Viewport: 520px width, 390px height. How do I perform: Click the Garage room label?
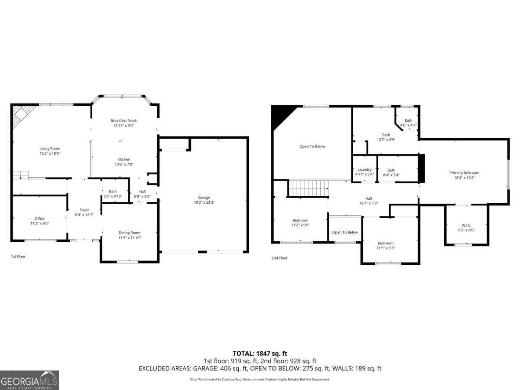point(204,198)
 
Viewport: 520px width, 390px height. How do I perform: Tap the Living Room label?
point(50,149)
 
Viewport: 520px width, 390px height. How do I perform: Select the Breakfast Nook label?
point(123,120)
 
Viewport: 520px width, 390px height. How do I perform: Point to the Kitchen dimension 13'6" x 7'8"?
point(123,164)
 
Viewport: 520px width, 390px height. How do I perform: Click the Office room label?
point(39,218)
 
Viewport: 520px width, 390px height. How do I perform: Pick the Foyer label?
point(84,210)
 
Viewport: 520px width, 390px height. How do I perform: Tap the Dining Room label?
point(130,233)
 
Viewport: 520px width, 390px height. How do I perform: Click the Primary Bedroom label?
point(464,173)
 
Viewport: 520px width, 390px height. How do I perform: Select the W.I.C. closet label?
point(466,225)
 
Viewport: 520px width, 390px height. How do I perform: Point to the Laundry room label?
point(364,169)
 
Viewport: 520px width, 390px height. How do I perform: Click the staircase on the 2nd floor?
point(308,188)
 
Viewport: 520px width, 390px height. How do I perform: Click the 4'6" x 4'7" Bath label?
point(408,120)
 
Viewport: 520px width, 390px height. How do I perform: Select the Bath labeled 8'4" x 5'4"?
point(391,170)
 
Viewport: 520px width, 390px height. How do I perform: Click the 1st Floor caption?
point(18,257)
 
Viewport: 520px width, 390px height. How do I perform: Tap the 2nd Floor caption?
point(279,258)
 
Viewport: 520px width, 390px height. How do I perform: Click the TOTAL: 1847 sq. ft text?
point(260,354)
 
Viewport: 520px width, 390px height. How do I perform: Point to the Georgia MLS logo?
point(29,380)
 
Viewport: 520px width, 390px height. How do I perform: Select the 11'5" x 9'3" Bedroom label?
point(385,243)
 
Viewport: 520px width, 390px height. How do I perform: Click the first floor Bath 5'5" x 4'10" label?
point(113,191)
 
